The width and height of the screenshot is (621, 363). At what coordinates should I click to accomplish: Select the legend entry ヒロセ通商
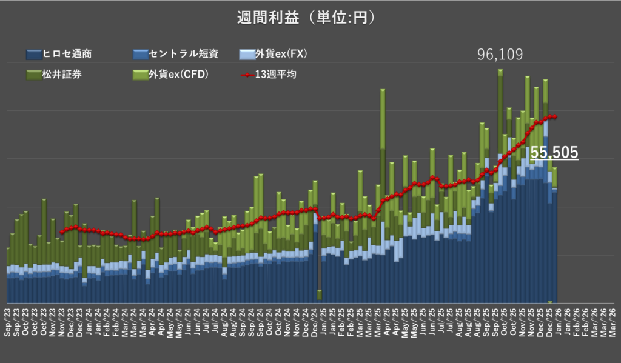point(67,54)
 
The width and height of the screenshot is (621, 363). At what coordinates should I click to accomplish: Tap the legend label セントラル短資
point(183,54)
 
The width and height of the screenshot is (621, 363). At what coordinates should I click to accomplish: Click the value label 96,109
point(500,56)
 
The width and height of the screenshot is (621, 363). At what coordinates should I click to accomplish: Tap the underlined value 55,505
point(554,153)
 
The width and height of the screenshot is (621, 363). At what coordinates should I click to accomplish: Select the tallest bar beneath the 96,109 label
point(500,182)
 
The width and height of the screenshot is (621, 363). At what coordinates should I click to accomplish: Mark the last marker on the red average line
point(556,117)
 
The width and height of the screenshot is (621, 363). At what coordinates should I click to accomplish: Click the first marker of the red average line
point(62,231)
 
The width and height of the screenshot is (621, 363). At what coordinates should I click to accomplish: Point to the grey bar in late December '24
point(319,295)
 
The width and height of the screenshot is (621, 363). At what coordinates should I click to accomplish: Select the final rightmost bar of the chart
point(554,242)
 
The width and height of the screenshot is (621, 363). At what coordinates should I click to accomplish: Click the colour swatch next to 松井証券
point(33,75)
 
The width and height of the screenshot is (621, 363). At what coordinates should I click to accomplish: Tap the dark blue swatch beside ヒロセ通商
point(33,55)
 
